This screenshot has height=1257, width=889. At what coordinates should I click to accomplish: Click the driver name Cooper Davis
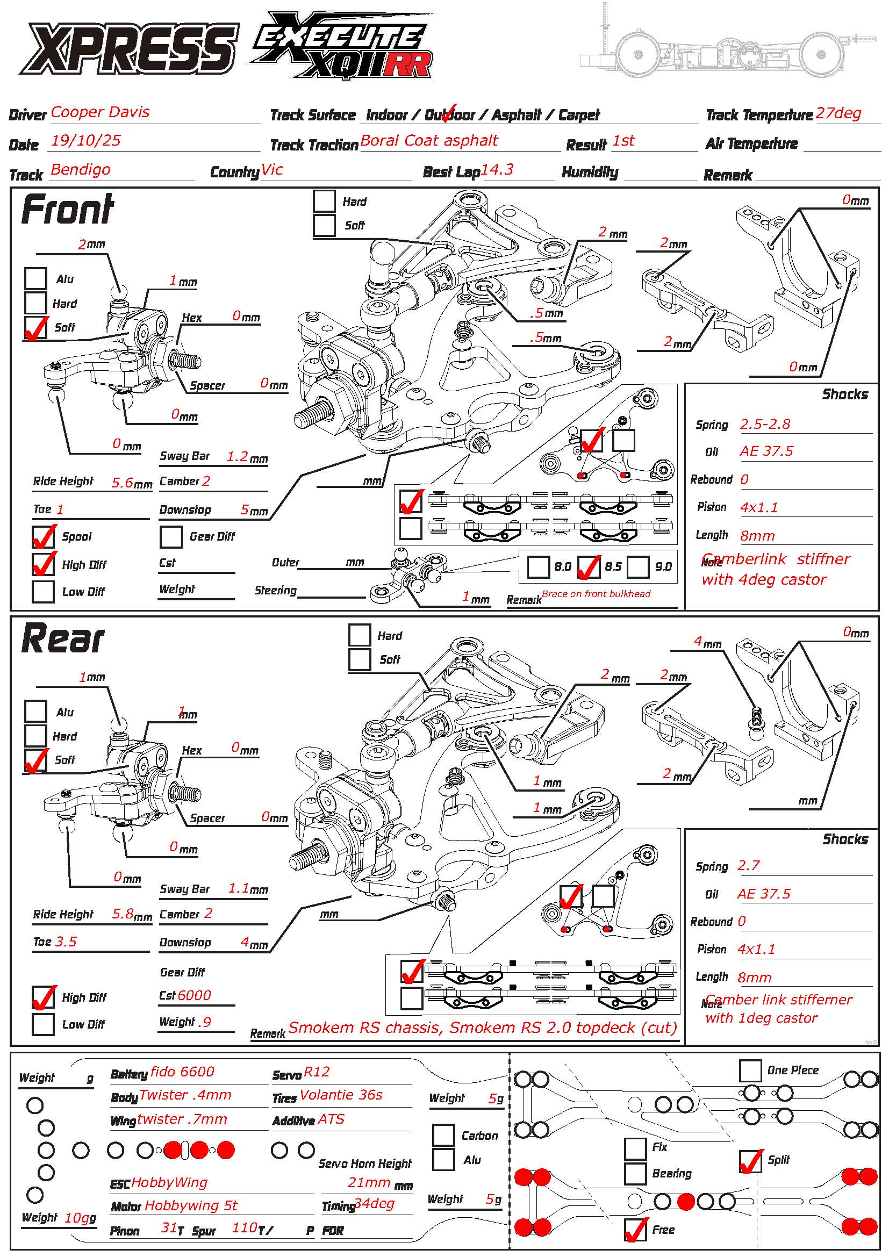pos(100,112)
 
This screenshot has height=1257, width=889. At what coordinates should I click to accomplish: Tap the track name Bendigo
pos(81,170)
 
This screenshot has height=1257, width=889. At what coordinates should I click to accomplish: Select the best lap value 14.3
pos(497,170)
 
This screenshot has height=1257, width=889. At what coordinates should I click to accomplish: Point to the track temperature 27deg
pos(838,113)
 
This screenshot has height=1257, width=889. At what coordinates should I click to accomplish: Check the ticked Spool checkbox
pos(43,537)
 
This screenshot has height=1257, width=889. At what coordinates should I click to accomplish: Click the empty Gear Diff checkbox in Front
pos(171,537)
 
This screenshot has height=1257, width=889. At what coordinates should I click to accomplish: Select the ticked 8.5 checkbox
pos(589,567)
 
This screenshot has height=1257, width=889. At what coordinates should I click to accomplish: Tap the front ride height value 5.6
pos(123,482)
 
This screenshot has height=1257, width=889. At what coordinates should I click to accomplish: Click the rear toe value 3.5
pos(66,942)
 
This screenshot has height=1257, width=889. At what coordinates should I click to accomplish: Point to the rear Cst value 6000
pos(195,995)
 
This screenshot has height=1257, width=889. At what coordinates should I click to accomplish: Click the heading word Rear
pos(62,640)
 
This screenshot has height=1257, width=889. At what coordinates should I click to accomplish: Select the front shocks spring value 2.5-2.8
pos(765,423)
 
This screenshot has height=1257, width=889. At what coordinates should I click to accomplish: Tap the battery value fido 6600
pos(182,1072)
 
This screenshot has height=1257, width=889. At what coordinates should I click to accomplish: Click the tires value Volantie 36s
pos(341,1095)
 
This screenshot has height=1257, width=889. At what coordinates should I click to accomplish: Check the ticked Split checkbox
pos(750,1161)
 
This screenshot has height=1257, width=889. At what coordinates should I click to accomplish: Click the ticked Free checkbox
pos(635,1230)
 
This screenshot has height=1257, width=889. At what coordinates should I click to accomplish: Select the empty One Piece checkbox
pos(750,1071)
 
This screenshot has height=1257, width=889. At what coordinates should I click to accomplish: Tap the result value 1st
pos(623,141)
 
